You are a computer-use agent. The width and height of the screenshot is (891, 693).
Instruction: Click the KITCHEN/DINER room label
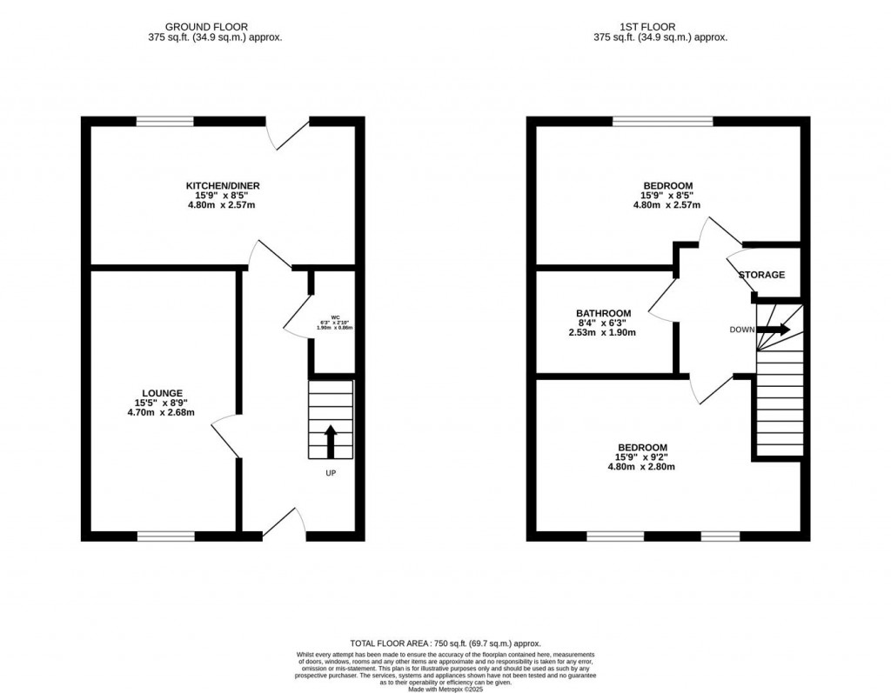click(222, 185)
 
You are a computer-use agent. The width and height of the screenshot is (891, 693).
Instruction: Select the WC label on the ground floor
click(333, 317)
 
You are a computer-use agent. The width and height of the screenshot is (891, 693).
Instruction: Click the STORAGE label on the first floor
click(761, 275)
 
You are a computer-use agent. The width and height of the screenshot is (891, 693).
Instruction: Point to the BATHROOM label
click(603, 313)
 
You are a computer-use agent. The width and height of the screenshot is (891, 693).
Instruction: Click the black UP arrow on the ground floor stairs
click(331, 440)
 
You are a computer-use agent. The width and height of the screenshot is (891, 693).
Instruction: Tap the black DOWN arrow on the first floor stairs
click(774, 330)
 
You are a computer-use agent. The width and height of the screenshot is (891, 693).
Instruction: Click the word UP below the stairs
click(331, 473)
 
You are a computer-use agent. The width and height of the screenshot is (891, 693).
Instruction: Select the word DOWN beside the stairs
click(742, 330)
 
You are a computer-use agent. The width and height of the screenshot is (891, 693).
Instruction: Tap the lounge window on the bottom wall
click(165, 536)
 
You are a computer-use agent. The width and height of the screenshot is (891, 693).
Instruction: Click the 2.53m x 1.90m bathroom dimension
click(603, 333)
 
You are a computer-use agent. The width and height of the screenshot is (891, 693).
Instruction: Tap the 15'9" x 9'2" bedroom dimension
click(641, 456)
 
